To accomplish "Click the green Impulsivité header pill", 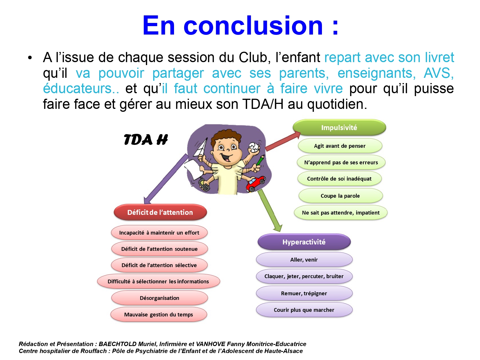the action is pos(339,127).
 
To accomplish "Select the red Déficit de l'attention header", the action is pos(160,212).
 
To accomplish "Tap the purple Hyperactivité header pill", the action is pos(304,242).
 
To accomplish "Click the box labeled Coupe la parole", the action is pos(340,196).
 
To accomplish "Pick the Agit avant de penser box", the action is pos(340,146).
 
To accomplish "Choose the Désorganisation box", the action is pos(160,298).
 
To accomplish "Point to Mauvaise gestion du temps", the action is pos(159,314).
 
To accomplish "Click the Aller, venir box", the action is pos(304,260).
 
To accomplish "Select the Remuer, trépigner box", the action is pos(304,293).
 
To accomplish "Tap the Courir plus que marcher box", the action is pos(304,310).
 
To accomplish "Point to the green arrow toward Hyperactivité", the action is pos(270,210).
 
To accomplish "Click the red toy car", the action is pos(256,183).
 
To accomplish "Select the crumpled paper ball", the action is pos(254,147).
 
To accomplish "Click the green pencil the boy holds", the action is pos(260,160).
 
